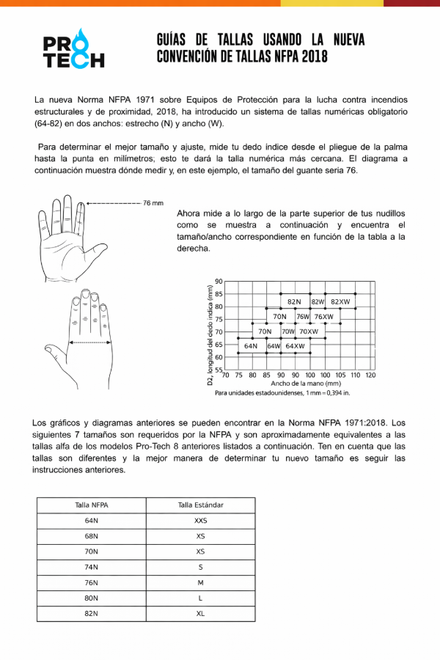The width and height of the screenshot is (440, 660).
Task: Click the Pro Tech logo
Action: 73,48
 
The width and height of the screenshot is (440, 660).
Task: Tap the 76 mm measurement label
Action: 153,203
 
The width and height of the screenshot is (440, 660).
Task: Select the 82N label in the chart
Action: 294,301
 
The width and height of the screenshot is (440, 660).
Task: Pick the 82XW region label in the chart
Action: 340,301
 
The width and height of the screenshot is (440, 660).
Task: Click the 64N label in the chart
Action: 251,345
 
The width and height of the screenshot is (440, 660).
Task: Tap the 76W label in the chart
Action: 303,317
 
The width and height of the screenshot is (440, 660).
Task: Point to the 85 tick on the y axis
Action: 219,294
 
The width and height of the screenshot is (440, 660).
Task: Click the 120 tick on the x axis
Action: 370,375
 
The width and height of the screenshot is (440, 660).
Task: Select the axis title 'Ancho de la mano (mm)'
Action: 306,384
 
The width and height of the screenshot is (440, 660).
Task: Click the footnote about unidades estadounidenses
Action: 282,393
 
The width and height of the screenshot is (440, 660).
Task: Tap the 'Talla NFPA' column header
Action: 92,505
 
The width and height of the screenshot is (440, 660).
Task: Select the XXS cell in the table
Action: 200,521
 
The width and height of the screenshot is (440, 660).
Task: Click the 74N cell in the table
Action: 92,567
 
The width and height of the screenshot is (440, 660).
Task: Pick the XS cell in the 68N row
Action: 200,536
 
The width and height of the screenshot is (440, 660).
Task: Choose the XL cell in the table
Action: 200,613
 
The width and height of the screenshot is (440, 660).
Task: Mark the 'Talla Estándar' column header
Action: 200,505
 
